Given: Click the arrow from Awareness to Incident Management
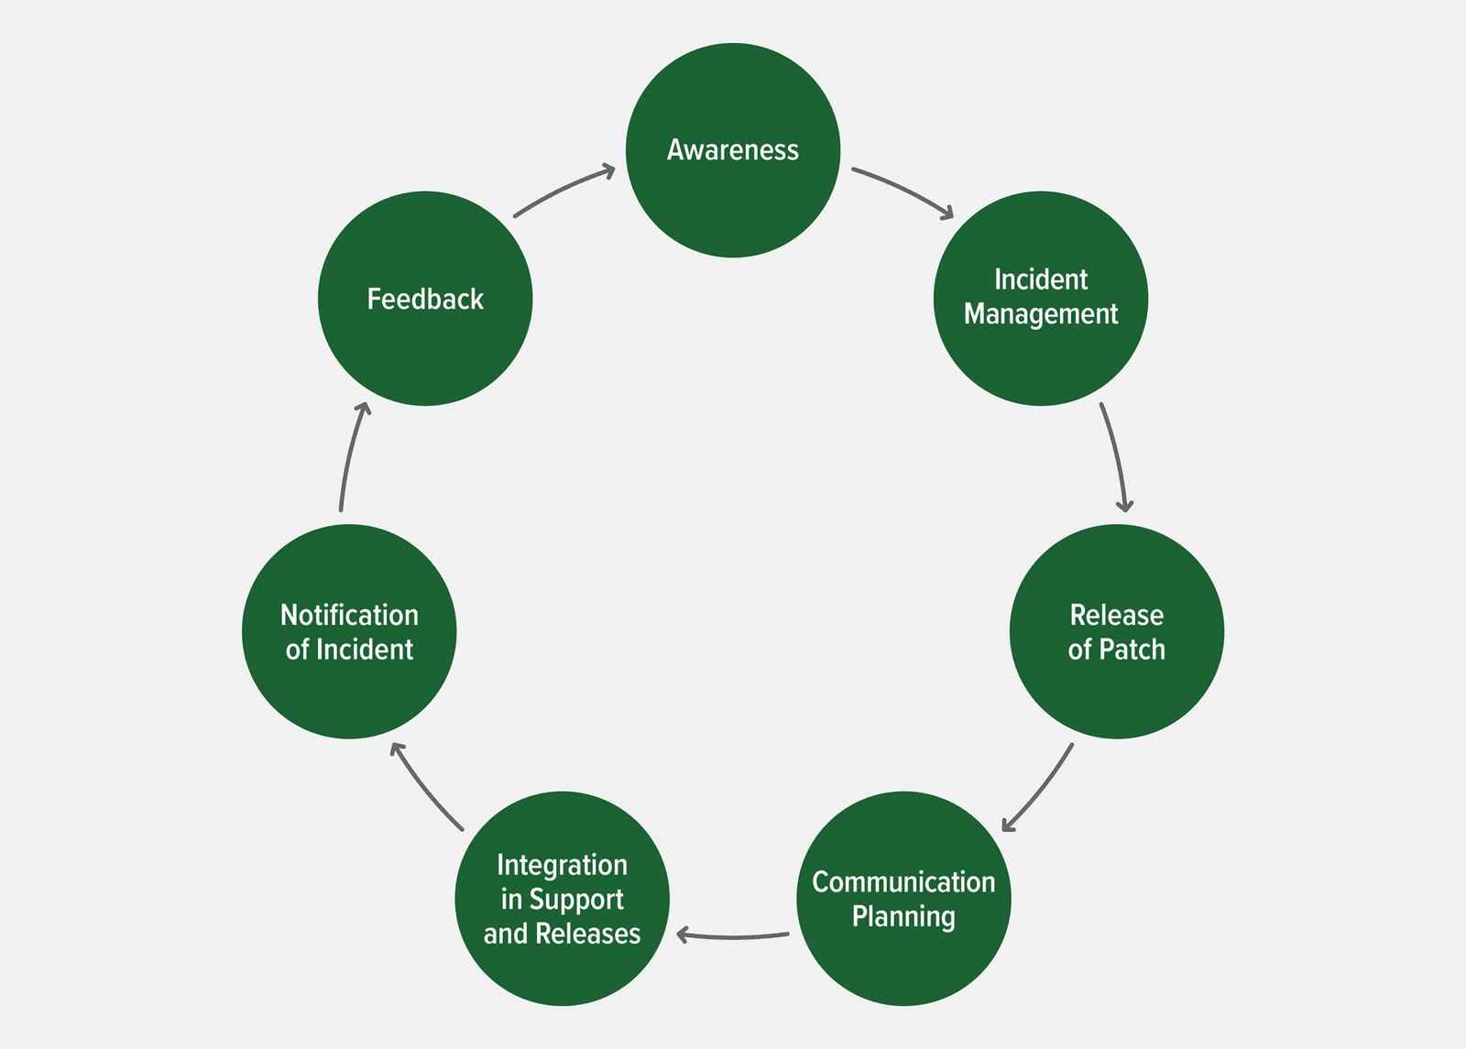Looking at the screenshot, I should (x=903, y=189).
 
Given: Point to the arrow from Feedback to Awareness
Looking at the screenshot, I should (x=562, y=189).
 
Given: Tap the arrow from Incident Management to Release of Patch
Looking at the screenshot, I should (x=1116, y=455).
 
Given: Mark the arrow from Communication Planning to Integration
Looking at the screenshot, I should (x=733, y=936).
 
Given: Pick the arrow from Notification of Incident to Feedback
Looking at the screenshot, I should (x=352, y=455).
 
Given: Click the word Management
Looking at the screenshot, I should (x=1041, y=314).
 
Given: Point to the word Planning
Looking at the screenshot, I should (x=903, y=916).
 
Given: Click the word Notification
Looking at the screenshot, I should (x=349, y=615).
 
